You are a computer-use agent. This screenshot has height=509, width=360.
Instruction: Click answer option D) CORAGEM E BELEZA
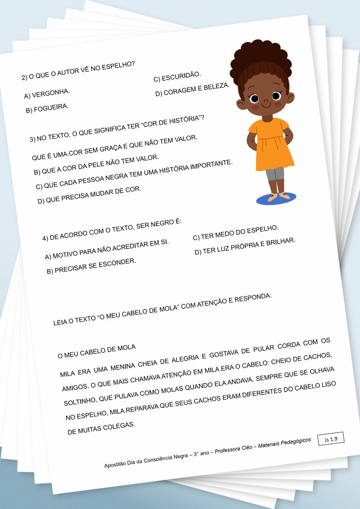(192, 90)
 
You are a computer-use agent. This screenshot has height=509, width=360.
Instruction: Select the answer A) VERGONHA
(47, 94)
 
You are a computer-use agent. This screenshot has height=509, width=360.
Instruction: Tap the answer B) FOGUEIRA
(47, 108)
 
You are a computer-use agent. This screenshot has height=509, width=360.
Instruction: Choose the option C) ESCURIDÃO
(177, 76)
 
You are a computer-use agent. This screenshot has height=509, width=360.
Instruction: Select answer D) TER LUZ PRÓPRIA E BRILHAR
(245, 246)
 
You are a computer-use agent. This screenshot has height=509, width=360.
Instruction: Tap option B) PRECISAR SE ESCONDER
(91, 266)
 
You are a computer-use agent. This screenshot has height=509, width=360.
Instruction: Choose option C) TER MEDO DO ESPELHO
(235, 232)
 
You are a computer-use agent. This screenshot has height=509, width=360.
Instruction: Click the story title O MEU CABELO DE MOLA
(97, 351)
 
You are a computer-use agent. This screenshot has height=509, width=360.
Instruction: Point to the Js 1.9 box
(331, 439)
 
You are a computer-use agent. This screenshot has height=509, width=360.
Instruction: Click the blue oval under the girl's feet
(276, 199)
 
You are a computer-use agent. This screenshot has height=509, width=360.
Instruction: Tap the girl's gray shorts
(275, 174)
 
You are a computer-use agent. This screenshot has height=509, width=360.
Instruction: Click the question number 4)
(45, 238)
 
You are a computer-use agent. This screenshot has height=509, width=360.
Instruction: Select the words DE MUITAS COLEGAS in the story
(101, 428)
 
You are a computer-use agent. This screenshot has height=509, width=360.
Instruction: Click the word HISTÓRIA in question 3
(184, 120)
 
